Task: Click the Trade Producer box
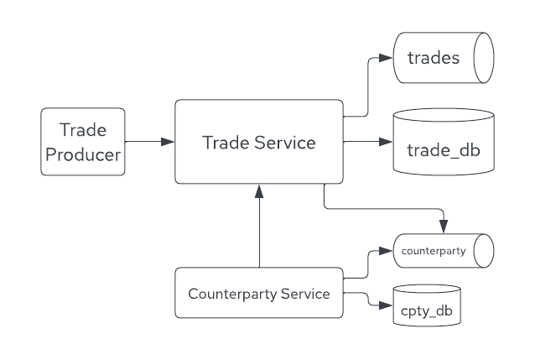point(83,141)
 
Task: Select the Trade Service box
point(259,142)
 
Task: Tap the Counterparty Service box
point(259,293)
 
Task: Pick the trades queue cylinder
point(444,58)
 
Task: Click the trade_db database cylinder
point(444,142)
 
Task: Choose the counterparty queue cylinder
point(444,251)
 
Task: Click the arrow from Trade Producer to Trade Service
point(149,142)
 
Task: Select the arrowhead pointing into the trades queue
point(387,58)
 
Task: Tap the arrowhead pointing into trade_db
point(387,142)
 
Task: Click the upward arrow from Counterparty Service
point(259,227)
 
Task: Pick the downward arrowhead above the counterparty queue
point(444,227)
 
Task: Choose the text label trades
point(433,58)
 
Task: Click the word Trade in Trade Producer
point(82,130)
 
